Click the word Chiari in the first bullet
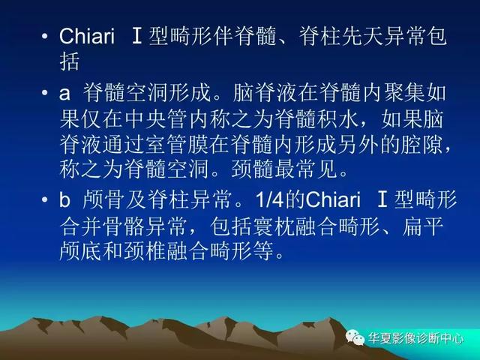tap(87, 36)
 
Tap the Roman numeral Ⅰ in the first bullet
tap(136, 37)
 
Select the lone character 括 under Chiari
tap(70, 61)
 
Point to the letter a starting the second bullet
tap(64, 93)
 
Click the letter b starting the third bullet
tap(64, 199)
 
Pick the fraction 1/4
tap(269, 199)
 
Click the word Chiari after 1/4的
tap(333, 199)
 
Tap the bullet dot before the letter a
tap(45, 93)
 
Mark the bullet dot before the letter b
tap(45, 199)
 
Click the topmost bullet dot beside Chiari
tap(45, 37)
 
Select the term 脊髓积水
tap(316, 118)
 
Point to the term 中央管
tap(156, 118)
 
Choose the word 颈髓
tap(253, 169)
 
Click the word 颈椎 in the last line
tap(145, 252)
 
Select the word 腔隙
tap(421, 145)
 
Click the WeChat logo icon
tap(355, 337)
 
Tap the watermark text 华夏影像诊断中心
tap(416, 338)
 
